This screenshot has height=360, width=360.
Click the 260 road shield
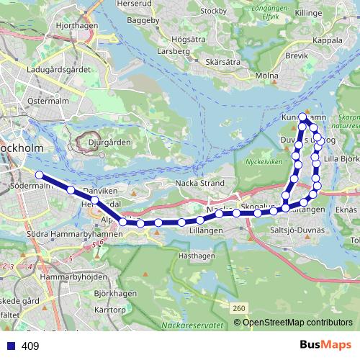pos(240,308)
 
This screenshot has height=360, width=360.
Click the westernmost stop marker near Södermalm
pos(39,174)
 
